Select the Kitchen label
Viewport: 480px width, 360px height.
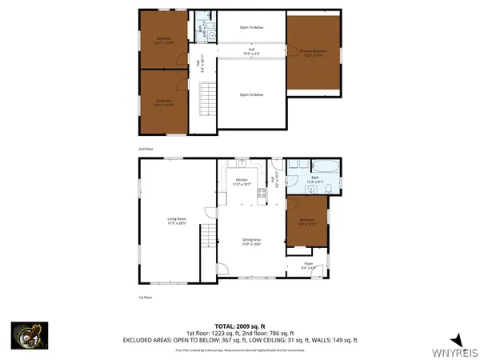242,182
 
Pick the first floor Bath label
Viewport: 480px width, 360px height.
314,179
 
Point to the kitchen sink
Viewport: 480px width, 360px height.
241,162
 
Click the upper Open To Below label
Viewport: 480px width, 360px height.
251,28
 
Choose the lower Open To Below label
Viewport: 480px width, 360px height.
251,94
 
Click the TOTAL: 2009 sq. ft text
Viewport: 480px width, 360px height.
240,326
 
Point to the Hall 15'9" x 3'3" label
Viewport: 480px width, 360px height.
251,52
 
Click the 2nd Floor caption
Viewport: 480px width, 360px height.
145,149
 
